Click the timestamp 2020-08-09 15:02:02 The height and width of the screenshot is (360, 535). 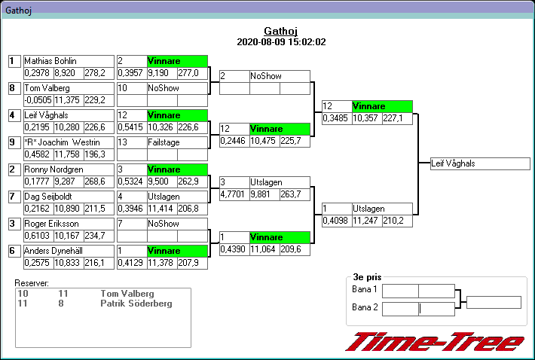tap(281, 42)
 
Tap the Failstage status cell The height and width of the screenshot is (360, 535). tap(177, 142)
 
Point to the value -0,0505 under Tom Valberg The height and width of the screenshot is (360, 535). tap(37, 100)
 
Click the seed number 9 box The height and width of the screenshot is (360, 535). tap(13, 142)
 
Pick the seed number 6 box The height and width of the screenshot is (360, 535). tap(13, 251)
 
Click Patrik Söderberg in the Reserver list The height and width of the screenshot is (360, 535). tap(136, 304)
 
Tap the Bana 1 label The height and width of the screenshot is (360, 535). tap(365, 290)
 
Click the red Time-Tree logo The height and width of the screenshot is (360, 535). tap(436, 341)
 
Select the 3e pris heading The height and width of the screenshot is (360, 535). tap(366, 277)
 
